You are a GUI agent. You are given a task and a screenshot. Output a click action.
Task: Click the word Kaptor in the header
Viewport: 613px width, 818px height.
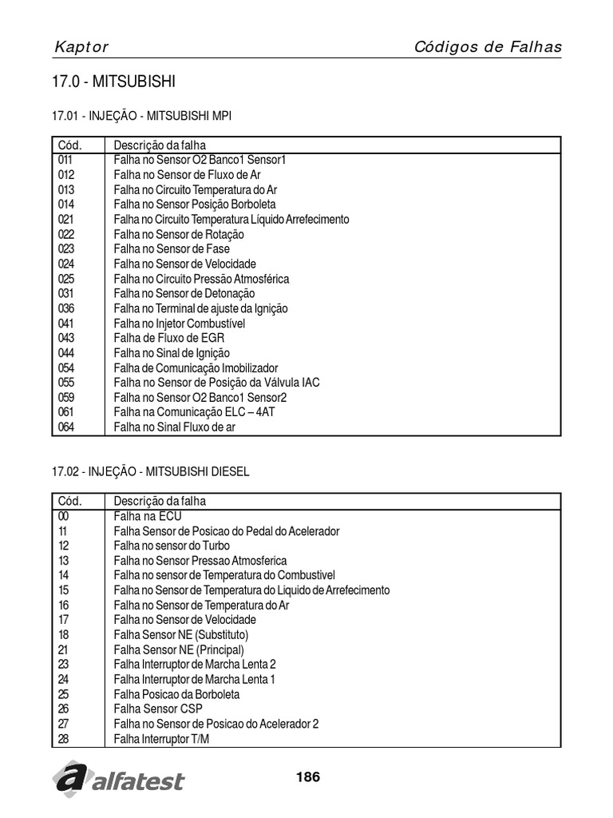click(x=81, y=47)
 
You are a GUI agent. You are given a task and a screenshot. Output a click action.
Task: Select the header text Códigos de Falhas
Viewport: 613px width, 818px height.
click(x=488, y=46)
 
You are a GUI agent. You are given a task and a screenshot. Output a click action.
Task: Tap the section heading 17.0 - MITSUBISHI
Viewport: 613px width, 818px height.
click(x=113, y=82)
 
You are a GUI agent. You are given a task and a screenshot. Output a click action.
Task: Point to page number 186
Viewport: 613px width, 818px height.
click(x=307, y=776)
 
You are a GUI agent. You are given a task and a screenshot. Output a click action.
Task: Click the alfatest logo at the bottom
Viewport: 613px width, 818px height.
click(x=118, y=778)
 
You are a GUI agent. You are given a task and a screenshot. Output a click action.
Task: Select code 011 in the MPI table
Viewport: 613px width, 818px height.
click(x=65, y=160)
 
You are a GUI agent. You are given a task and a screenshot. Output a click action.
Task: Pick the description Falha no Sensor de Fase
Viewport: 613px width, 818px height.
click(x=172, y=249)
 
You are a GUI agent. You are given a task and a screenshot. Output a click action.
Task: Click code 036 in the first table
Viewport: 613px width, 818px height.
click(x=66, y=308)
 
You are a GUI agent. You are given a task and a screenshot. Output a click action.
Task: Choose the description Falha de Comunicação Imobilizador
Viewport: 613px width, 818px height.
click(x=196, y=367)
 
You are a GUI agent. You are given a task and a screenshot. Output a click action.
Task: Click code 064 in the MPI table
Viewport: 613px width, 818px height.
click(x=66, y=427)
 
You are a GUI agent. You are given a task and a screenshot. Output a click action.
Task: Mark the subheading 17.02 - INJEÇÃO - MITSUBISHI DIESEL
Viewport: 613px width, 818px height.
click(x=151, y=472)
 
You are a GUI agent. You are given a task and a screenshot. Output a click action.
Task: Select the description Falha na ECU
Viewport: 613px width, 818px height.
click(x=148, y=516)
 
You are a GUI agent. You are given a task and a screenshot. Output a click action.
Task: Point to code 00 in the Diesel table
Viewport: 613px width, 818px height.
click(x=64, y=516)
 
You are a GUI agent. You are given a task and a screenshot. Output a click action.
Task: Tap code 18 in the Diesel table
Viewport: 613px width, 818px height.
click(x=64, y=634)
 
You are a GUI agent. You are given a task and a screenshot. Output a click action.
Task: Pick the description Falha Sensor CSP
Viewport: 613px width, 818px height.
click(x=158, y=709)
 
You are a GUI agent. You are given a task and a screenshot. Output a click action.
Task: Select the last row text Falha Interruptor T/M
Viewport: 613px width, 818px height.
click(x=162, y=739)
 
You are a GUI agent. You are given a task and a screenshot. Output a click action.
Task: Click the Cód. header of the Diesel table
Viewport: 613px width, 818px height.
click(x=69, y=502)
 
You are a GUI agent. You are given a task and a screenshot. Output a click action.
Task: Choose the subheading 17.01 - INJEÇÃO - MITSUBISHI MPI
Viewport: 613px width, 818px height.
click(x=142, y=116)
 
